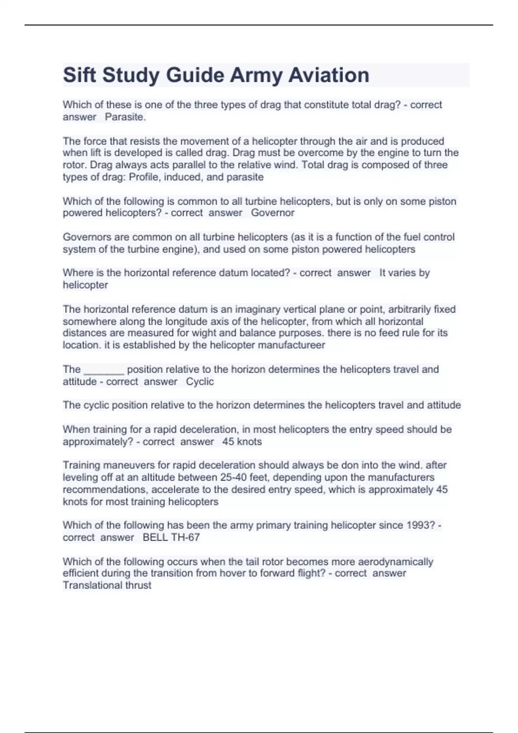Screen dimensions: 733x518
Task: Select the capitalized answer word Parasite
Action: (x=125, y=117)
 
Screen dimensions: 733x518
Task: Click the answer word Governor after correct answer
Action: (x=272, y=213)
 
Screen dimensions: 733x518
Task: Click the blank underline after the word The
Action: (x=104, y=370)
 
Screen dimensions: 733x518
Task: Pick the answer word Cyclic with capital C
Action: (x=199, y=382)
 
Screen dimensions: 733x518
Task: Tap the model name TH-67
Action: (x=185, y=537)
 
